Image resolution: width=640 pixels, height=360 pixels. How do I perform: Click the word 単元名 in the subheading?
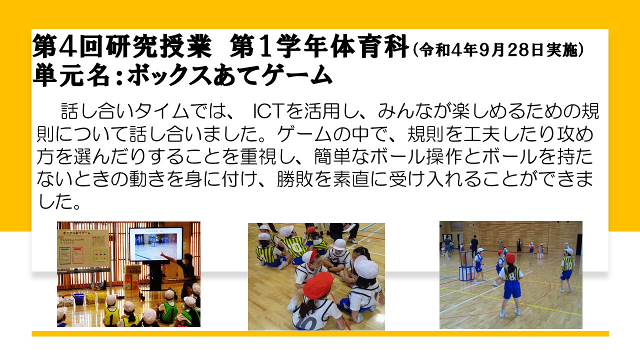(71, 75)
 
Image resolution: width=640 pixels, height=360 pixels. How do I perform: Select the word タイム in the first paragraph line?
(161, 111)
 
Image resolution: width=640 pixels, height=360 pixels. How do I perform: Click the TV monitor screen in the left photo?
(156, 244)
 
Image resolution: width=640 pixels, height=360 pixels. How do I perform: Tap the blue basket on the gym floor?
(78, 299)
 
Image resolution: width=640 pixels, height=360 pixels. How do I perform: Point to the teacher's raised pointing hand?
(163, 254)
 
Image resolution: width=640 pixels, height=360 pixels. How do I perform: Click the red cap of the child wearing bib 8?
(510, 258)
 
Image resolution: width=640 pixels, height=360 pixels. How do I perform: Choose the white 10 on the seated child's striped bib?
(295, 247)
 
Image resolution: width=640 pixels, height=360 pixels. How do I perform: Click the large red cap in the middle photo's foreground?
(318, 285)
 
